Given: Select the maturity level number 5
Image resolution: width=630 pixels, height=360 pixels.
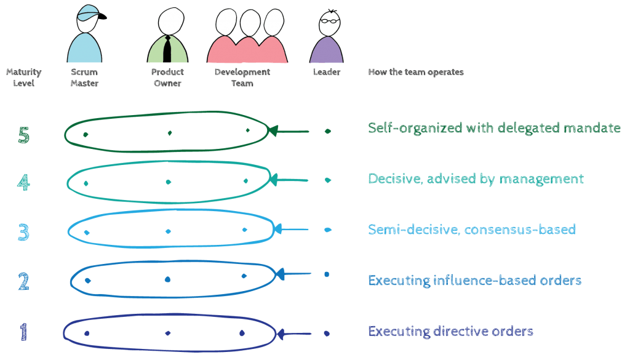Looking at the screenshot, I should [x=23, y=135].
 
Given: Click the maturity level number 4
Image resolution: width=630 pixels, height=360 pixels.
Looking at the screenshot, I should [x=23, y=183].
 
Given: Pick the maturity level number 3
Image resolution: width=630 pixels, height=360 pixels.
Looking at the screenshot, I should [x=23, y=232].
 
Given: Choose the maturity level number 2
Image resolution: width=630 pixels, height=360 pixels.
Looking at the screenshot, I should [x=23, y=282].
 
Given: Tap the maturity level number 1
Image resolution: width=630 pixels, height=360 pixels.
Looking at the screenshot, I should [x=23, y=333].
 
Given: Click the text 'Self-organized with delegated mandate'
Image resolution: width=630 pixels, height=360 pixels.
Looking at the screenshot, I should [x=494, y=128].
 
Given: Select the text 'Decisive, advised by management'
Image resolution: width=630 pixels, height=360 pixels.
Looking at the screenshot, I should [x=476, y=178].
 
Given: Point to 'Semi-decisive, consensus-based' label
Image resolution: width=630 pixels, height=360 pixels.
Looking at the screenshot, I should [x=471, y=230].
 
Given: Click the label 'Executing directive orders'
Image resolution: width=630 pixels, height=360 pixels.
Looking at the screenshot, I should [x=450, y=331].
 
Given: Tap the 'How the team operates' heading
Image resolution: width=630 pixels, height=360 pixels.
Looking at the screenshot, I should [x=416, y=73].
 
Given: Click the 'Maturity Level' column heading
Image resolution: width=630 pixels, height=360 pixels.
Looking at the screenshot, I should [x=23, y=78].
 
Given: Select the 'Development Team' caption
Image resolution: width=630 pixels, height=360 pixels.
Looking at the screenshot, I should [x=242, y=78].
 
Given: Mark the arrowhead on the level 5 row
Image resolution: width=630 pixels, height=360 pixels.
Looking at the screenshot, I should [x=274, y=131].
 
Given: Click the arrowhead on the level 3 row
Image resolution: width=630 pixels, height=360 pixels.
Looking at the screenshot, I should [x=277, y=230].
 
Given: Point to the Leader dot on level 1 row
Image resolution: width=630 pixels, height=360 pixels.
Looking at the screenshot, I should [x=327, y=334].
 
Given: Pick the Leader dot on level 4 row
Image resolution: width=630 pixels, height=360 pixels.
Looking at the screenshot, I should [x=328, y=180].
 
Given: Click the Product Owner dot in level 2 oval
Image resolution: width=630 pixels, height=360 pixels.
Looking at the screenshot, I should [x=167, y=279].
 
